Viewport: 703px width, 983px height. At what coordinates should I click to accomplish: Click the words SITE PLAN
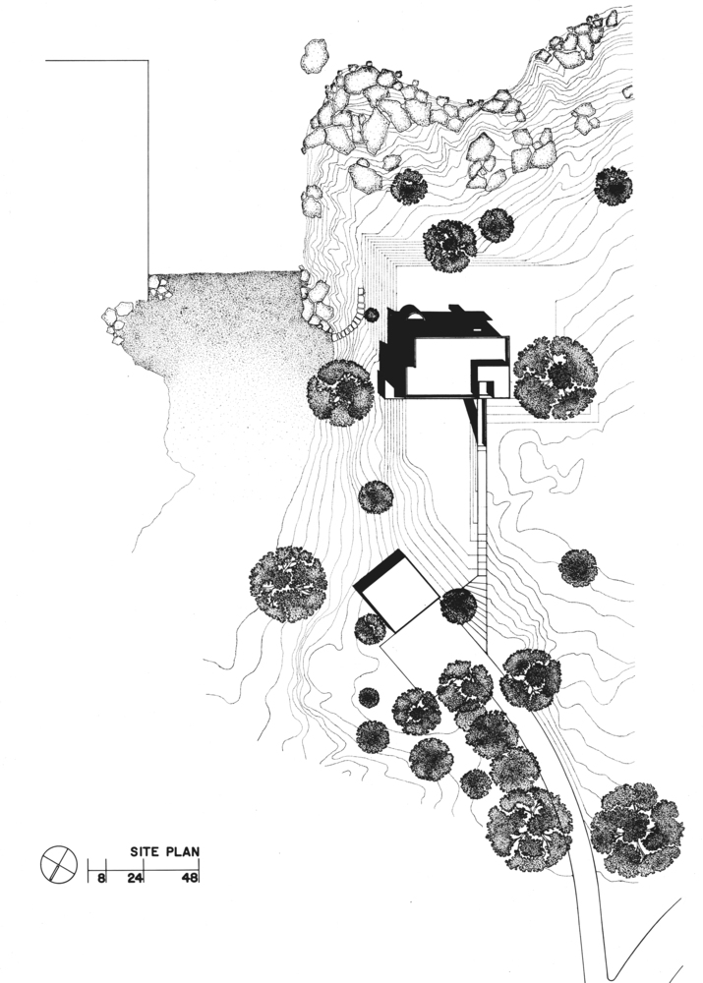pyautogui.click(x=165, y=851)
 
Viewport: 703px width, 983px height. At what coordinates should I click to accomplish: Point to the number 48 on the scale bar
pyautogui.click(x=190, y=877)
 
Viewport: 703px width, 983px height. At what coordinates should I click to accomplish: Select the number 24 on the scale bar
pyautogui.click(x=136, y=877)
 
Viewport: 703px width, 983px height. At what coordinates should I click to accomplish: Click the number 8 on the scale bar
pyautogui.click(x=101, y=877)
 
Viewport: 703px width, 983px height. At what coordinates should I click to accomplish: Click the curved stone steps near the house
pyautogui.click(x=354, y=314)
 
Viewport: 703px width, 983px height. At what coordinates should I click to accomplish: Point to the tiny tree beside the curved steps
pyautogui.click(x=372, y=315)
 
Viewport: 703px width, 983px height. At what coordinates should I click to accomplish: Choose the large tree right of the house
pyautogui.click(x=556, y=376)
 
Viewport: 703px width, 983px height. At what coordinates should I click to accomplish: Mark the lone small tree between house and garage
pyautogui.click(x=376, y=497)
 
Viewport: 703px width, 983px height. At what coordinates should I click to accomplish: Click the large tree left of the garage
pyautogui.click(x=288, y=584)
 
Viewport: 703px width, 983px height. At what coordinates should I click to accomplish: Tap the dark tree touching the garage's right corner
pyautogui.click(x=458, y=607)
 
